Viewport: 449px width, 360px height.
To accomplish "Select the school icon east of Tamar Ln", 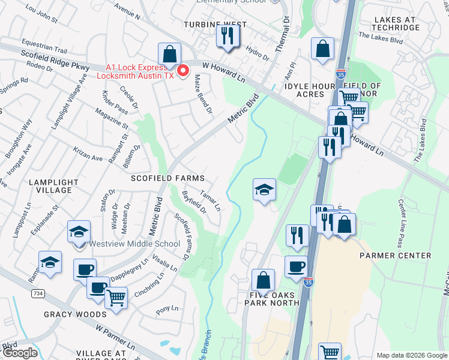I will pyautogui.click(x=264, y=190).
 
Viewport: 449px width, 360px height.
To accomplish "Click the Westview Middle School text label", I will pyautogui.click(x=134, y=244).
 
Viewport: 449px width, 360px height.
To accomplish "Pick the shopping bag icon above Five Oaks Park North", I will pyautogui.click(x=263, y=280).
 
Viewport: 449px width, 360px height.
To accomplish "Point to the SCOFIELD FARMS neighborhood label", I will pyautogui.click(x=168, y=179).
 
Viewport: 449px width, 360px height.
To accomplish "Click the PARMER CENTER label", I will pyautogui.click(x=396, y=256).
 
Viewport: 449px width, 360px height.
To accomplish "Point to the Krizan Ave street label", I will pyautogui.click(x=88, y=157).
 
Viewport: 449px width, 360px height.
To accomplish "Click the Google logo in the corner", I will pyautogui.click(x=19, y=353).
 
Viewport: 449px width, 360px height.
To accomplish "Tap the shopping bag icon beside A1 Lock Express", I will pyautogui.click(x=170, y=53).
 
